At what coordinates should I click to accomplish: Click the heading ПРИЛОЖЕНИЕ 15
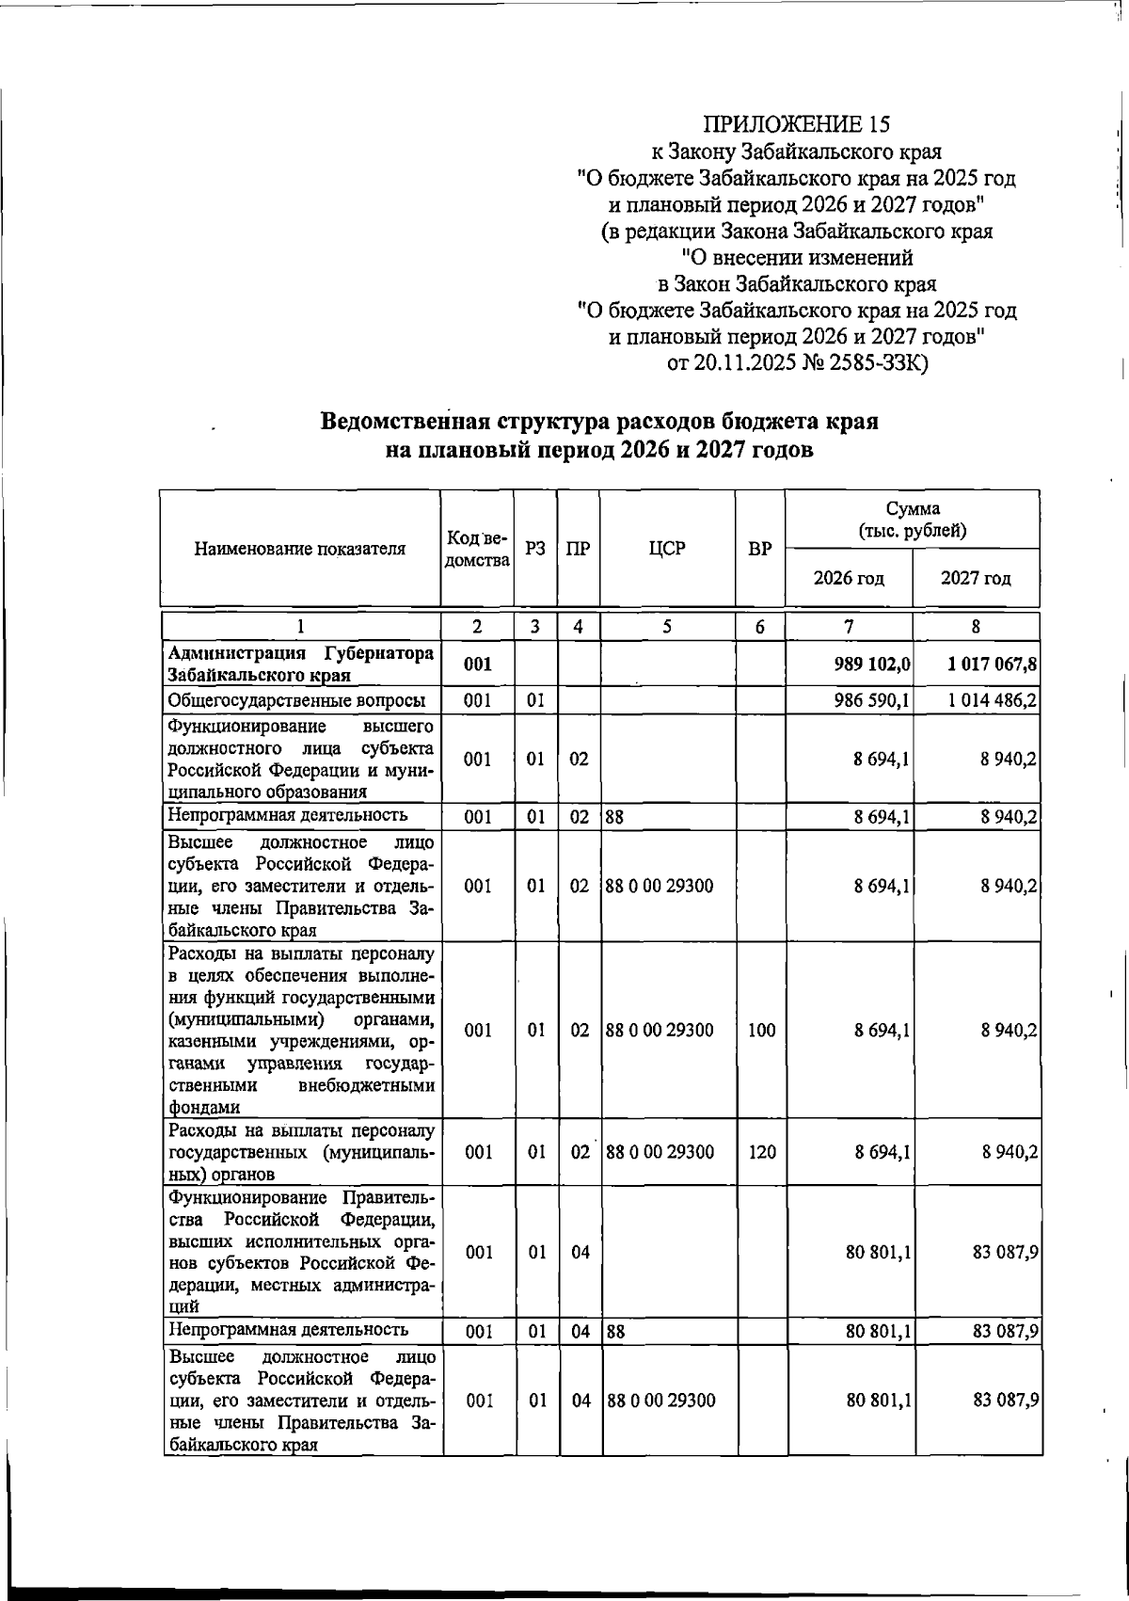796,124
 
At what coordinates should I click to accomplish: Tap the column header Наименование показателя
300,549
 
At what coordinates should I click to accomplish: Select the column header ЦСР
667,549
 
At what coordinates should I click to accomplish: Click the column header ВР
760,549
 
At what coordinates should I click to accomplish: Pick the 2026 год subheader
849,578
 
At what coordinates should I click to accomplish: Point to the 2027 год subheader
976,578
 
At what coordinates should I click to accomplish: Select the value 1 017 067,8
993,664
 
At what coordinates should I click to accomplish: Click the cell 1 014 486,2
993,700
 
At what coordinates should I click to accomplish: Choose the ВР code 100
761,1030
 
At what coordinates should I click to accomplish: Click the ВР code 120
761,1152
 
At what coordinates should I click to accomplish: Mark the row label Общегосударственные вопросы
296,700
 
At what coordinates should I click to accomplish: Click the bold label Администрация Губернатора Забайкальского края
300,664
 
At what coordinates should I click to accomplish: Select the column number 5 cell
666,626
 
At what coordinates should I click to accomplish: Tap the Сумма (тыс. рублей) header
912,519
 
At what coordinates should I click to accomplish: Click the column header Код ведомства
477,549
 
